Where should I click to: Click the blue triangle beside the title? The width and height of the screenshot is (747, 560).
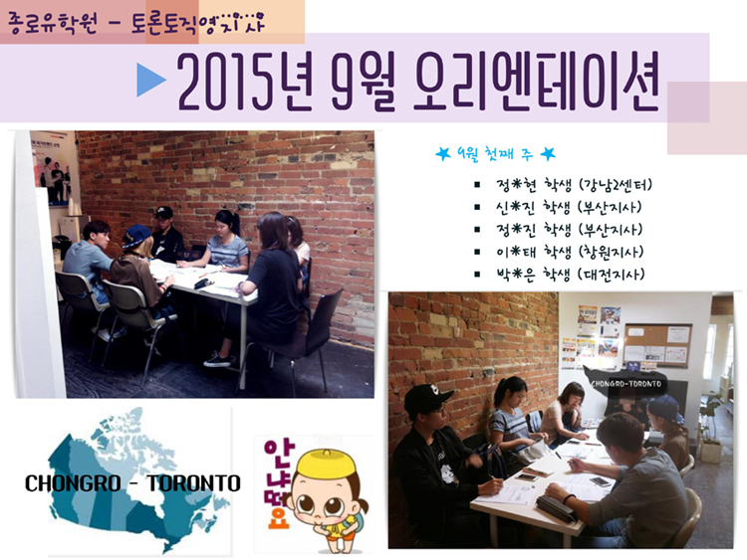(x=150, y=80)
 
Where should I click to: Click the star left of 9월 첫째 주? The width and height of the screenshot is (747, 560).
(x=443, y=154)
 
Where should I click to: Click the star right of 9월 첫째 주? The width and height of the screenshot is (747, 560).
(x=548, y=154)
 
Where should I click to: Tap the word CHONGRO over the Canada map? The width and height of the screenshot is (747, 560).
(x=73, y=483)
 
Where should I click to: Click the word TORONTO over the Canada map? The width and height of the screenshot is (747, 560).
(x=193, y=483)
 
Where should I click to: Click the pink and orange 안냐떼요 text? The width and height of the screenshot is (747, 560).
(x=276, y=483)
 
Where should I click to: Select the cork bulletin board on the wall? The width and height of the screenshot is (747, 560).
(x=658, y=345)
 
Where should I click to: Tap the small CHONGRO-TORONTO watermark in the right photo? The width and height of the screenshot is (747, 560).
(x=626, y=384)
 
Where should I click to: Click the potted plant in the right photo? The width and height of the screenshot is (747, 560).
(x=711, y=428)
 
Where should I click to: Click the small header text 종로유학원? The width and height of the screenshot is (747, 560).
(x=53, y=23)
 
